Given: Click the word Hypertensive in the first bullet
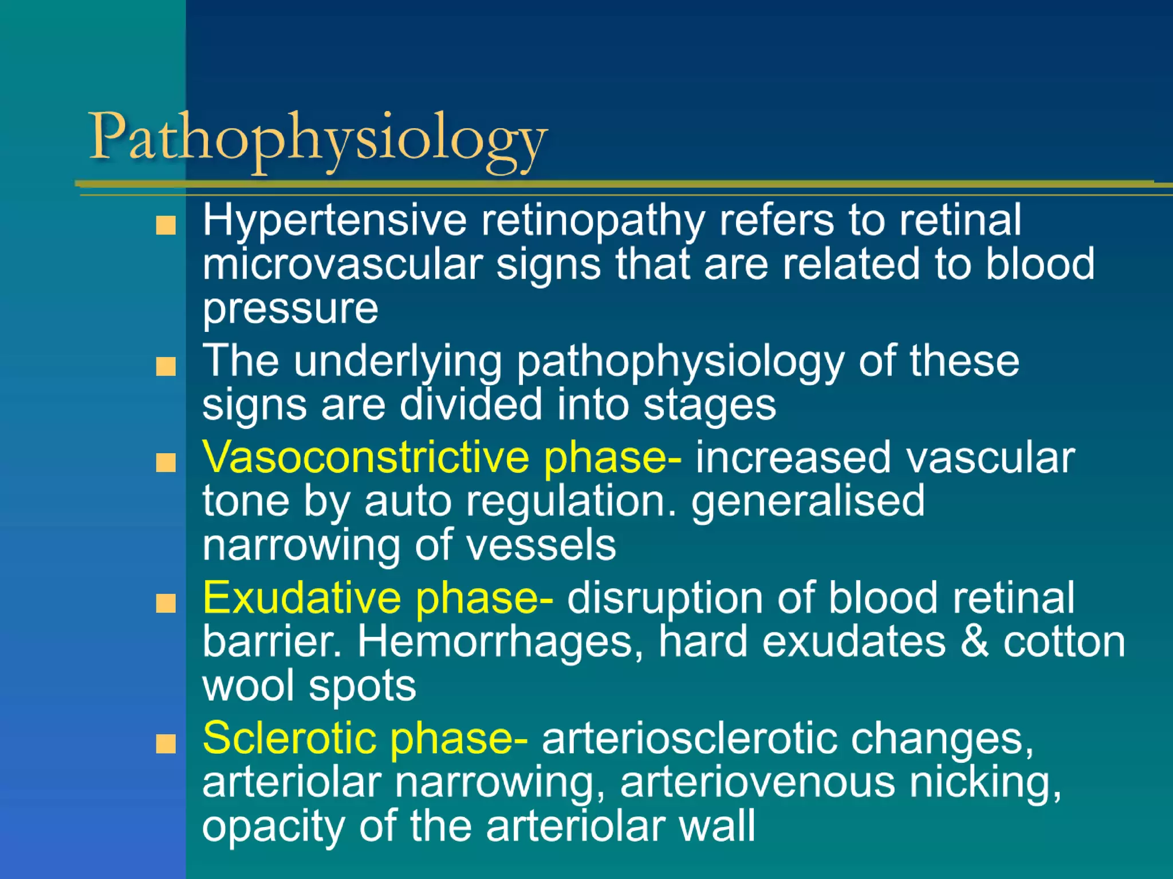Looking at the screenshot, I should (x=334, y=221).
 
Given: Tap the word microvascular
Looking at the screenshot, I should (x=343, y=264).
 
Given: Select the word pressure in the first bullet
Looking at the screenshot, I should (x=290, y=310).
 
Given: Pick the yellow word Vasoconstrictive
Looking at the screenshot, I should (x=365, y=457).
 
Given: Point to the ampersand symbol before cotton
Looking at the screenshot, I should (x=974, y=642).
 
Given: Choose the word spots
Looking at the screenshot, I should (x=362, y=686).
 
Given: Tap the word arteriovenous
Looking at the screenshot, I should (x=757, y=783).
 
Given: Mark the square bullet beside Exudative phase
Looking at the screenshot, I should (x=166, y=603).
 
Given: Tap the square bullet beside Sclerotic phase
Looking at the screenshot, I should (x=166, y=744).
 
